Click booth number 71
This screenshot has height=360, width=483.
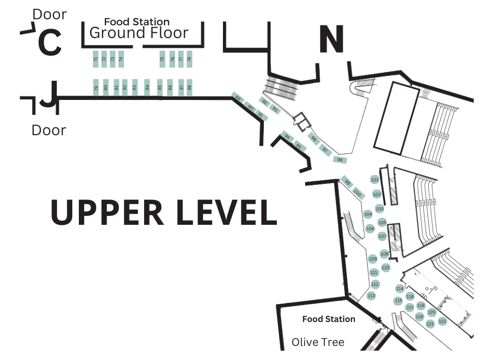pos(96,59)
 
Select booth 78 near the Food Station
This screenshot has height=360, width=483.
pos(189,59)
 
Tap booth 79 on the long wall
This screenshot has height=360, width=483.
pos(96,87)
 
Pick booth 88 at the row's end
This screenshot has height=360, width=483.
pos(190,87)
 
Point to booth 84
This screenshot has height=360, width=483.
pos(147,87)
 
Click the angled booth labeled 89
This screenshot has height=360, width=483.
pos(238,99)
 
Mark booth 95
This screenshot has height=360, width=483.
pos(298,146)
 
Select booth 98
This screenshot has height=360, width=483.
pos(340,160)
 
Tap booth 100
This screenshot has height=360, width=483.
pos(357,192)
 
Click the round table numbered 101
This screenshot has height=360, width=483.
pos(375,180)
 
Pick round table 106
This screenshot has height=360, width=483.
pos(370,229)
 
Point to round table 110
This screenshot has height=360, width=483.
pos(385,268)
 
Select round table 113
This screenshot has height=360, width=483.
pos(371,296)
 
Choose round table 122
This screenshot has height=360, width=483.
pos(442,321)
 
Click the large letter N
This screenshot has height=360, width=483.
pos(331,39)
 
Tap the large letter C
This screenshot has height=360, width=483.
pos(49,43)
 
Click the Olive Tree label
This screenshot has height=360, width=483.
pos(318,342)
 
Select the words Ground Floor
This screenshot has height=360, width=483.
pos(139,33)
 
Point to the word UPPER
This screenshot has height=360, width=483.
pos(107,212)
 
